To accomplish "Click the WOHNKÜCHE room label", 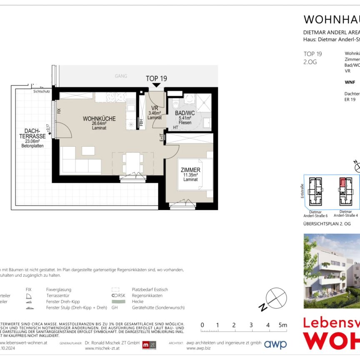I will tap(99, 119).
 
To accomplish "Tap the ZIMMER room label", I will tap(190, 170).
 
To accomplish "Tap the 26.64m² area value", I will tap(99, 124).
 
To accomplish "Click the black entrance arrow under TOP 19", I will tap(156, 85).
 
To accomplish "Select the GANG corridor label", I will tap(121, 76).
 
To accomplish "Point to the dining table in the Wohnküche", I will tap(133, 163).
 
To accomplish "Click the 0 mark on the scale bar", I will tap(202, 325).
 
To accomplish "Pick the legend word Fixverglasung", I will tap(59, 290).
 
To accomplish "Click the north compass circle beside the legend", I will tap(276, 297).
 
